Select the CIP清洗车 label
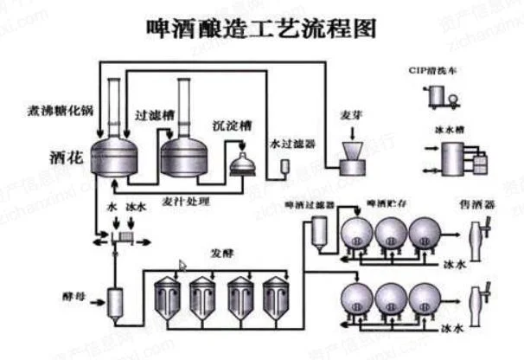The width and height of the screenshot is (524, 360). pos(438,70)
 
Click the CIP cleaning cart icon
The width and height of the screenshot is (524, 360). pos(439,98)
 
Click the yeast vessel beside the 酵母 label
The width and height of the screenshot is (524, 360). pos(113,301)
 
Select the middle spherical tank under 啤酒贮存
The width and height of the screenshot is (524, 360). pos(389,232)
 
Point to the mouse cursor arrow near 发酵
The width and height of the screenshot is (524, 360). pos(182,265)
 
